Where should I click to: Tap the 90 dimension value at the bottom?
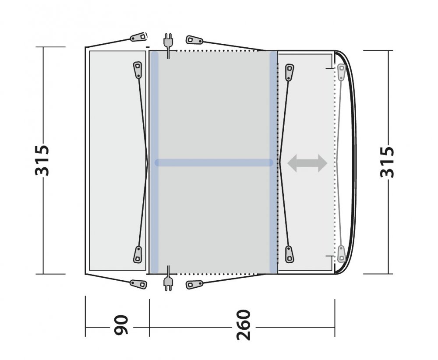(x=121, y=325)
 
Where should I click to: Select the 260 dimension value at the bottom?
(x=243, y=325)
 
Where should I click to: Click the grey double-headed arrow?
(x=307, y=163)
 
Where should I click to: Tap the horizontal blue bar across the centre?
(x=214, y=162)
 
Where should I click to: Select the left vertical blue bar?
(x=154, y=162)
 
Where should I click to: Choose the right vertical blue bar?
(x=273, y=162)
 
